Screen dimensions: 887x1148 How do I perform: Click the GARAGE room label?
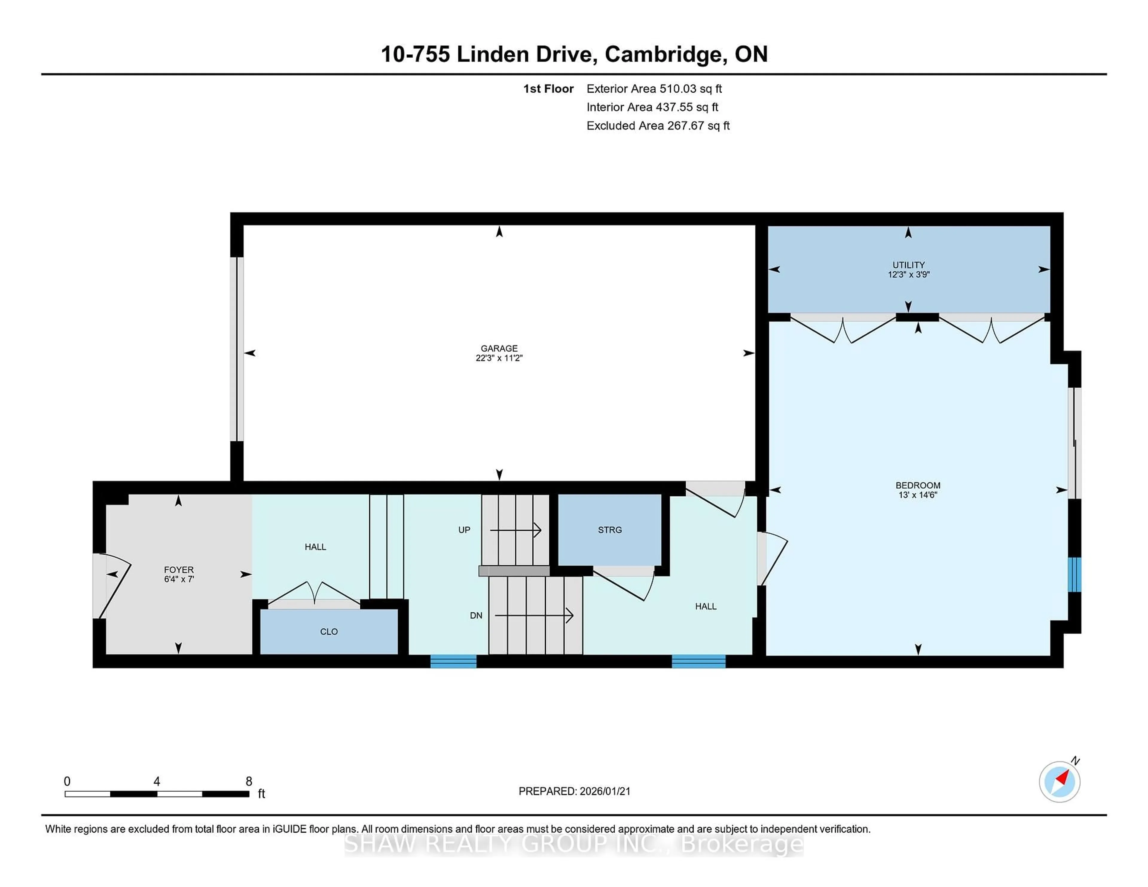(x=499, y=348)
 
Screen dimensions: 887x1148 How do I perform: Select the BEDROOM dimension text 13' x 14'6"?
(x=918, y=495)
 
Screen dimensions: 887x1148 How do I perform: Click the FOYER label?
(x=179, y=570)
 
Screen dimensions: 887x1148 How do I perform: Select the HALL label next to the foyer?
(x=315, y=547)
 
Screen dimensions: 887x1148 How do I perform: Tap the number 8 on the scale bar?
(x=249, y=782)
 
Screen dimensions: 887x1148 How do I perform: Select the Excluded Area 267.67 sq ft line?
(x=658, y=126)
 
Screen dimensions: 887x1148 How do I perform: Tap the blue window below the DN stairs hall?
(x=453, y=662)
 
